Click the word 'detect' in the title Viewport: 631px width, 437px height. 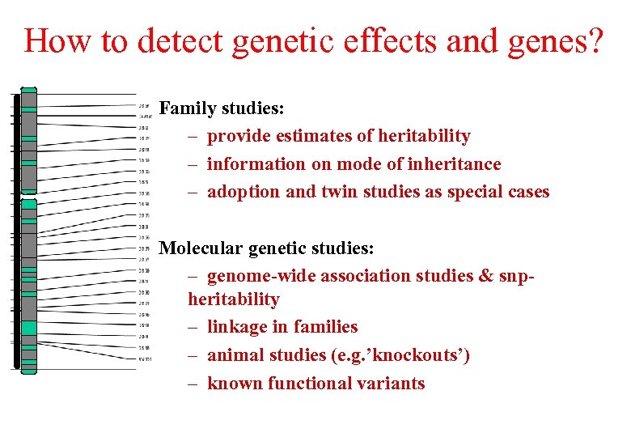click(x=176, y=40)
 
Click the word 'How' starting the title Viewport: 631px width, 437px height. click(x=57, y=40)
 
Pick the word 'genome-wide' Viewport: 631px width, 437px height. click(x=261, y=276)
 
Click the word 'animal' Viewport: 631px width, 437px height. click(x=236, y=355)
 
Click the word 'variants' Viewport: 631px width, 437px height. click(x=392, y=383)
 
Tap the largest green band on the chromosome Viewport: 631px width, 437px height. click(x=29, y=328)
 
